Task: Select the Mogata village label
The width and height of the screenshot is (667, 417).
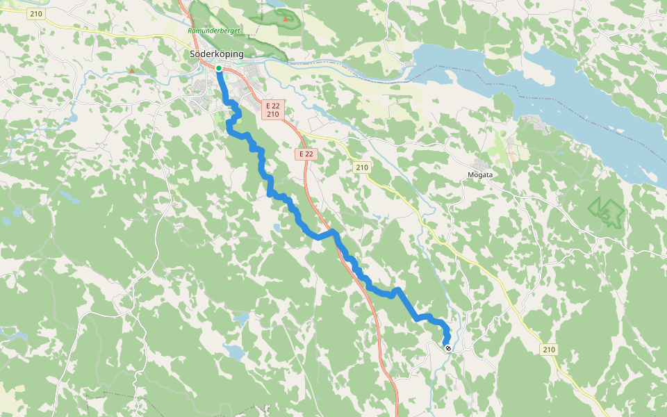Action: [x=479, y=174]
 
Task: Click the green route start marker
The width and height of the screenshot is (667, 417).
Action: [x=218, y=68]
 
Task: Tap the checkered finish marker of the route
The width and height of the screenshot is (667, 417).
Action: [x=448, y=348]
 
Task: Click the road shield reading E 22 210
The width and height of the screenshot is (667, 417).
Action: [x=272, y=110]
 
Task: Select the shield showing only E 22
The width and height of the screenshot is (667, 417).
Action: [x=306, y=154]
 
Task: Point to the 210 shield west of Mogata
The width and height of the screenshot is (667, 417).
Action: [x=362, y=167]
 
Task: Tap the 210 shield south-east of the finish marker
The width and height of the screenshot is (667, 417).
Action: [x=549, y=349]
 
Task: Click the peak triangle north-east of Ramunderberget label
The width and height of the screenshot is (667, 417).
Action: [x=285, y=19]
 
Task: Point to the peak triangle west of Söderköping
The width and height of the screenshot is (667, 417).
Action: [x=131, y=70]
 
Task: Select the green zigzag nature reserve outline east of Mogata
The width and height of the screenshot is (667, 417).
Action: [x=606, y=212]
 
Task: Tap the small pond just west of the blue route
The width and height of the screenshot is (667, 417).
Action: [x=277, y=228]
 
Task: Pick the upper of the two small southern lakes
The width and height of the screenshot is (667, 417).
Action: [x=241, y=319]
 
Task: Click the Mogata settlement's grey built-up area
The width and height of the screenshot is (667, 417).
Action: [x=480, y=164]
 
